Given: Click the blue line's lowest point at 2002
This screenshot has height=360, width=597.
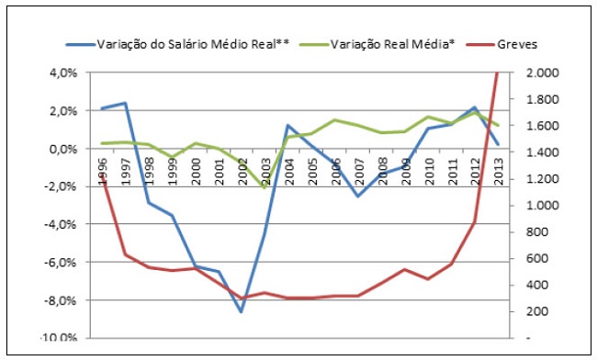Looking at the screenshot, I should click(x=242, y=312).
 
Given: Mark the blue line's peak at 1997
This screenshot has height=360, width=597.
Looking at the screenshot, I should click(x=124, y=103).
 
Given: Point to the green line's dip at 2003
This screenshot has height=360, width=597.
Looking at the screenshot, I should click(x=265, y=187).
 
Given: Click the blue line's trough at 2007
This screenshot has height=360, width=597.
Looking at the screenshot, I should click(x=359, y=196).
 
